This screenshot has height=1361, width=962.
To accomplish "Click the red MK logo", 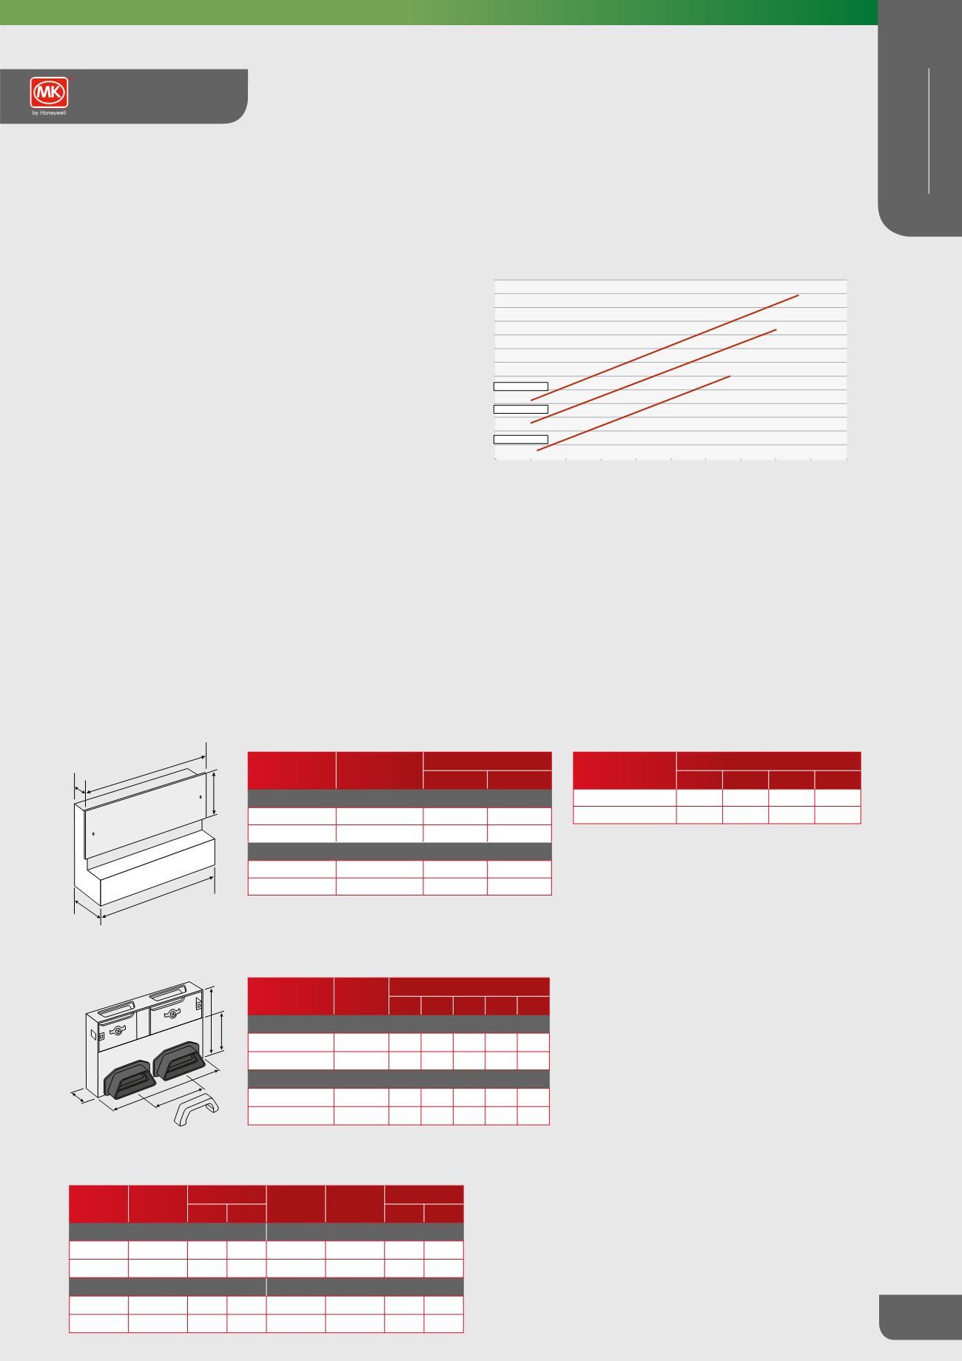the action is (x=50, y=93).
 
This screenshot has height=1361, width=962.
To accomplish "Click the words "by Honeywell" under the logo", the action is (x=50, y=113).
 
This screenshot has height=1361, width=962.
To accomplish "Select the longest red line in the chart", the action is (x=665, y=348).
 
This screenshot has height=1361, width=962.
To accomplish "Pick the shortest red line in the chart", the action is (x=633, y=413).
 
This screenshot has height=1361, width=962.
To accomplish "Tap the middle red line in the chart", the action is (x=653, y=376).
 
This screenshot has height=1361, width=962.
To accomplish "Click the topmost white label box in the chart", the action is (x=520, y=386).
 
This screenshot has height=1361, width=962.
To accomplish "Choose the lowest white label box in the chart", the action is (x=520, y=439).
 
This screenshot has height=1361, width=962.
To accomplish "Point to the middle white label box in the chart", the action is (x=520, y=409).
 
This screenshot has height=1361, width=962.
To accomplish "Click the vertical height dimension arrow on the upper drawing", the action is (x=214, y=793).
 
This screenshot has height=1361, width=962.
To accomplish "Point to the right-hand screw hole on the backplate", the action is (x=201, y=797).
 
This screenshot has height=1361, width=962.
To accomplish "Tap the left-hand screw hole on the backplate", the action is (x=93, y=834).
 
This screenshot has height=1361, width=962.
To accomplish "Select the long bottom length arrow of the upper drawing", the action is (x=158, y=897).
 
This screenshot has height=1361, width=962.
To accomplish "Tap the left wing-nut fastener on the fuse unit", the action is (x=118, y=1031).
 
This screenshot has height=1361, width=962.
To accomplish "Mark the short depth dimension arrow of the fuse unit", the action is (x=82, y=1095).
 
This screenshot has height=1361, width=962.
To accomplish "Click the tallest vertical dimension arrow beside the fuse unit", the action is (x=212, y=1019).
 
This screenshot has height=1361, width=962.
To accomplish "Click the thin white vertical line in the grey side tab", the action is (x=928, y=132).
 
